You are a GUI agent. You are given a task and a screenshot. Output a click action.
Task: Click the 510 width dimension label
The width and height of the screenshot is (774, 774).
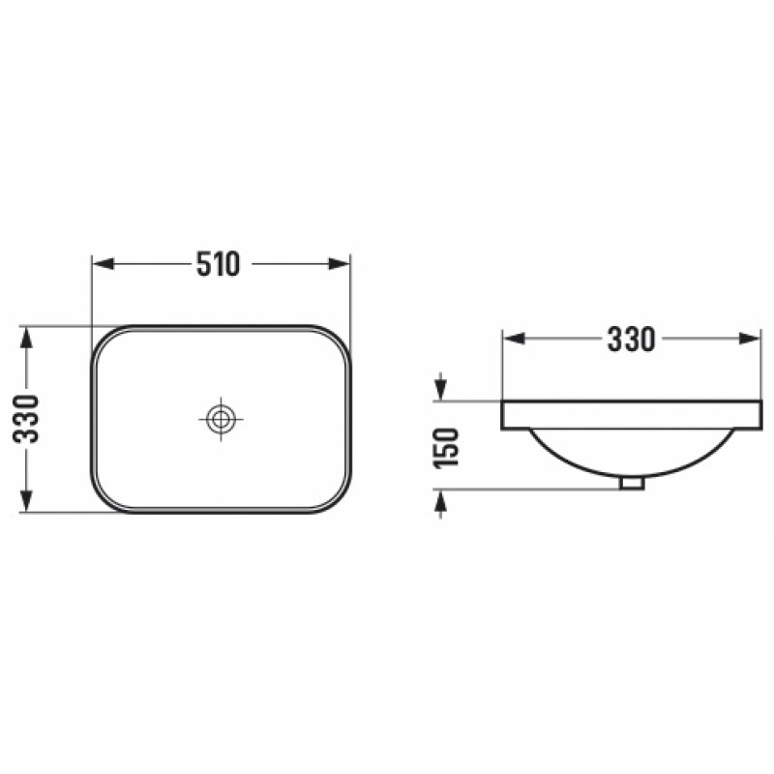(219, 264)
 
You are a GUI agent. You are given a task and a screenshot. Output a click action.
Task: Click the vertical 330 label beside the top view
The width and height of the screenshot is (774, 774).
(26, 419)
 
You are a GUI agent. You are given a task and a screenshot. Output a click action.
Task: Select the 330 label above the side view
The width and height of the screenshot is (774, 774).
(631, 340)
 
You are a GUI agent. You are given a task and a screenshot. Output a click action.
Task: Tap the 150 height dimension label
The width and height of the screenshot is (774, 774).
(446, 447)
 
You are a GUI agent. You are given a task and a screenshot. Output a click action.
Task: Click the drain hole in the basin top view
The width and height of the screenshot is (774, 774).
(221, 419)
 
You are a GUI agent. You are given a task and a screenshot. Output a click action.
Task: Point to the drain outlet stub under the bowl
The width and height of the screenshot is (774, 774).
(633, 483)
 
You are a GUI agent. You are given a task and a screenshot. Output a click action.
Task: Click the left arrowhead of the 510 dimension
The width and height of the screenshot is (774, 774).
(104, 263)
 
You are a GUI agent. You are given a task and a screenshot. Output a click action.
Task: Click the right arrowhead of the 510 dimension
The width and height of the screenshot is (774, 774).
(340, 263)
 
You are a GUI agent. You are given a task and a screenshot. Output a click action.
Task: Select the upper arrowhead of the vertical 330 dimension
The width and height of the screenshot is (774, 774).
(26, 337)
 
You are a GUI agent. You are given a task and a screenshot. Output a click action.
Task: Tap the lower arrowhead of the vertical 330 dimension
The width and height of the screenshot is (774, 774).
(26, 501)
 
